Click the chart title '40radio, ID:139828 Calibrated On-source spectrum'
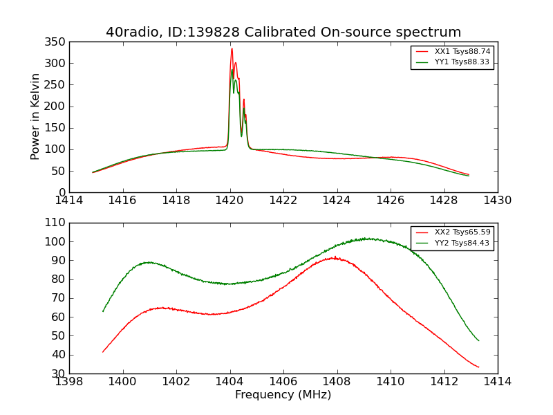coord(283,33)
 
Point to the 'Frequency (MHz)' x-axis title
coord(283,395)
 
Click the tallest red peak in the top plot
coord(232,48)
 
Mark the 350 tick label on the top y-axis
coord(56,42)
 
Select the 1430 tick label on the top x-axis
coord(498,201)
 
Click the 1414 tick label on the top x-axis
coord(70,201)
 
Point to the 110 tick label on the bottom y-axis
coord(56,223)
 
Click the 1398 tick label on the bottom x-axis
coord(70,382)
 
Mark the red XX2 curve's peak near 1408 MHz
coord(335,257)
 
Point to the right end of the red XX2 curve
coord(478,367)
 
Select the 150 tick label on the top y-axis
coord(56,128)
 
